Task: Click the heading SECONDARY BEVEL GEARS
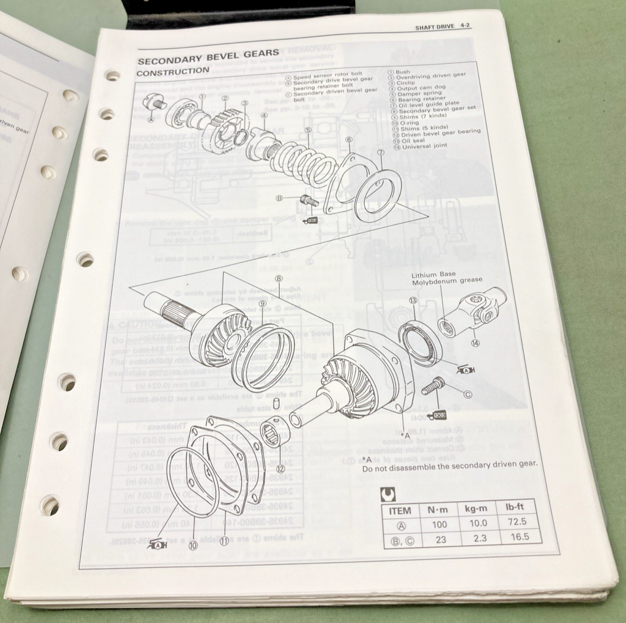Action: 208,55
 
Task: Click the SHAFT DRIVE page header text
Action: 434,27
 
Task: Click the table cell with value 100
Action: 438,524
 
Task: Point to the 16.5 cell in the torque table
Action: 516,537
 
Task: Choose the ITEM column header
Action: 399,511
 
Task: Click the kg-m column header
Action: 476,509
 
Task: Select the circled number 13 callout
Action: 413,300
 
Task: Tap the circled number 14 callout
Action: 476,343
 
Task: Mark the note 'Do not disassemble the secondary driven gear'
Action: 449,464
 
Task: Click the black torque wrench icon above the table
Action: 385,494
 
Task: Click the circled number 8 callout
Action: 278,279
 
